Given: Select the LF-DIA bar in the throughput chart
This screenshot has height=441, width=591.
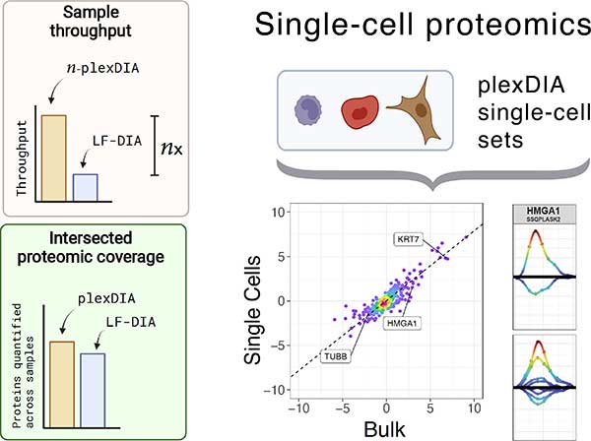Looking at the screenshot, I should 88,188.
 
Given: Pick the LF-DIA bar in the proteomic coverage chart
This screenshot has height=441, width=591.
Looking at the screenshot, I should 94,381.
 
